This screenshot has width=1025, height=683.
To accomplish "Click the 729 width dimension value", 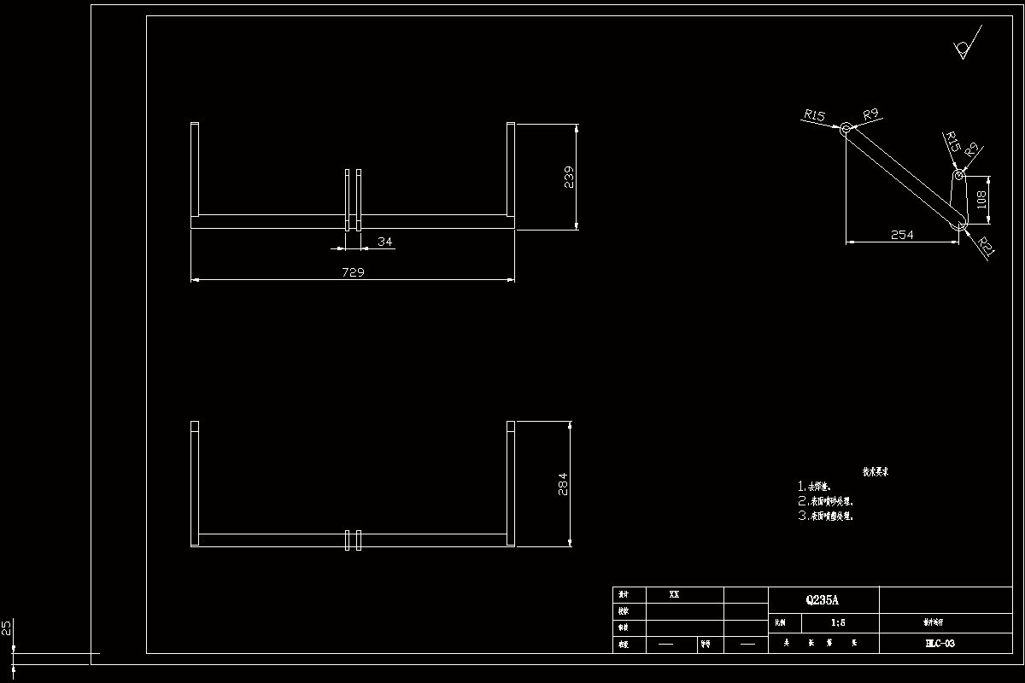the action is pos(353,272).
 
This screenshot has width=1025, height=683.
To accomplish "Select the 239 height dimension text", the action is pos(569,177).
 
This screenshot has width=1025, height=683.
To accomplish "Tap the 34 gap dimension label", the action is pos(385,242).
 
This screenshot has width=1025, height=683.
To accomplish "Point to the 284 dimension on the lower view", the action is pos(562,483).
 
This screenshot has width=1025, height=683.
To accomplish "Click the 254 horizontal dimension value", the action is pos(902,235).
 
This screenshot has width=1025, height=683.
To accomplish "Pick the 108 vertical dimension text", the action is pos(981,201).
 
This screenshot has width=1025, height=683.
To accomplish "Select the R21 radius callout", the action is pos(987,248).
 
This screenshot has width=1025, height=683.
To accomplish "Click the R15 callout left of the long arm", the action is pos(815,115).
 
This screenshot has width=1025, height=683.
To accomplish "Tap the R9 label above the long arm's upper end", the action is pos(871,114).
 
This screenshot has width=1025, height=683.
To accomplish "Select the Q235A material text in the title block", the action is pos(823,599).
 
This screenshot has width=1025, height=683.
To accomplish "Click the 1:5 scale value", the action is pos(837,623).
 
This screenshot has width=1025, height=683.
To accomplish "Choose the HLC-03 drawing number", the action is pos(939,644).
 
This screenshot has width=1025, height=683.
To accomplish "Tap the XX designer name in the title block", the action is pos(674,594).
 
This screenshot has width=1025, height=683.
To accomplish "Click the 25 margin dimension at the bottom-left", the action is pos(7,628).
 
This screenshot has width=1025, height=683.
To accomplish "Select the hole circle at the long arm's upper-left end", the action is pos(845,129).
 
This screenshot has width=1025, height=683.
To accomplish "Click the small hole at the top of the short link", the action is pos(958,175).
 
